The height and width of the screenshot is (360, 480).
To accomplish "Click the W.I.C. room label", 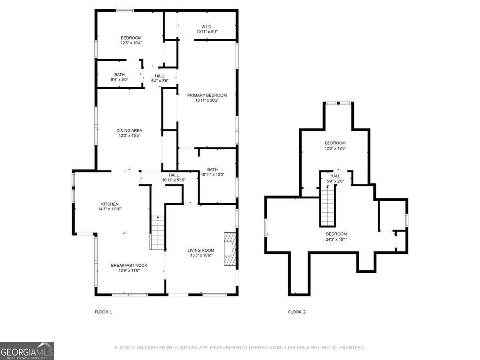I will [x=207, y=26].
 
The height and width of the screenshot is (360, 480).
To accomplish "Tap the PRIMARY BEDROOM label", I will [x=207, y=95].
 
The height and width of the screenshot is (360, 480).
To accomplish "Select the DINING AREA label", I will [x=129, y=130].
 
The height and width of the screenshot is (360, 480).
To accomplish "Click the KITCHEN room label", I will [x=109, y=204].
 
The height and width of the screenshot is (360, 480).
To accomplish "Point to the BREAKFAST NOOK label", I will [x=129, y=265].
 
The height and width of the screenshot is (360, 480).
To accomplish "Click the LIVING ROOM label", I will [x=201, y=250].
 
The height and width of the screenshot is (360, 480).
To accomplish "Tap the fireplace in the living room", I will [x=230, y=248].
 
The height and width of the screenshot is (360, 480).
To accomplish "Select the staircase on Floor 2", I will [x=328, y=206].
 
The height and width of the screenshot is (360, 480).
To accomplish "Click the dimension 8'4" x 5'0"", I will [x=119, y=80].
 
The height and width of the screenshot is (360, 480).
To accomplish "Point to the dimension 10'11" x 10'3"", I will [x=212, y=174].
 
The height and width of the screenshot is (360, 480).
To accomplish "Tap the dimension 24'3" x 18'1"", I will [x=336, y=239].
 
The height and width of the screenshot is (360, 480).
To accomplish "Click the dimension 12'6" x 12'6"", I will [x=335, y=148].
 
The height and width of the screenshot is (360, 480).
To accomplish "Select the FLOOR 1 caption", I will [x=103, y=312].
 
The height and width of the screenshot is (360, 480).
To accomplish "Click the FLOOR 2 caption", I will [x=297, y=312].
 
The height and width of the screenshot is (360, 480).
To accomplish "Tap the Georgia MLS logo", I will [x=27, y=351].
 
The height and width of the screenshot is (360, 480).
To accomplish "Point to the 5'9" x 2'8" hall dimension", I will [x=335, y=181].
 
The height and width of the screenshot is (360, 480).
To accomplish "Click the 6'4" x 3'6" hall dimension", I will [x=160, y=81].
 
